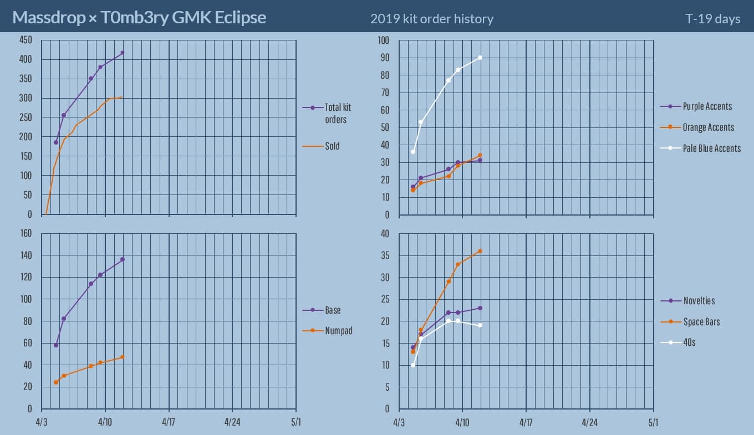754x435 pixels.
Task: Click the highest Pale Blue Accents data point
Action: [x=480, y=58]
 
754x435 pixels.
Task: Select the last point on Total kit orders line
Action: [x=123, y=53]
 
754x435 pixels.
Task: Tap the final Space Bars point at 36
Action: [x=480, y=251]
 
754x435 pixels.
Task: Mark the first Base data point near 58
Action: [x=56, y=345]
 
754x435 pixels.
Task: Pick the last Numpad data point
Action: [x=123, y=357]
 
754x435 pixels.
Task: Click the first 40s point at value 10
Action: [x=413, y=365]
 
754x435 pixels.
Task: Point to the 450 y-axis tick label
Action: [x=26, y=40]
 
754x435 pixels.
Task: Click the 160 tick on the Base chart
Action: [x=26, y=233]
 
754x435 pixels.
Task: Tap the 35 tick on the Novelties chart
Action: [x=385, y=255]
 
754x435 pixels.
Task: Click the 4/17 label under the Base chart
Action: [x=169, y=422]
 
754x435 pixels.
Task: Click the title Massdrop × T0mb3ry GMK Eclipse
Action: [x=139, y=18]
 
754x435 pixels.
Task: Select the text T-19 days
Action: [x=712, y=19]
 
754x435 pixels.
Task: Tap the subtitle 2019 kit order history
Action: [x=432, y=19]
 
